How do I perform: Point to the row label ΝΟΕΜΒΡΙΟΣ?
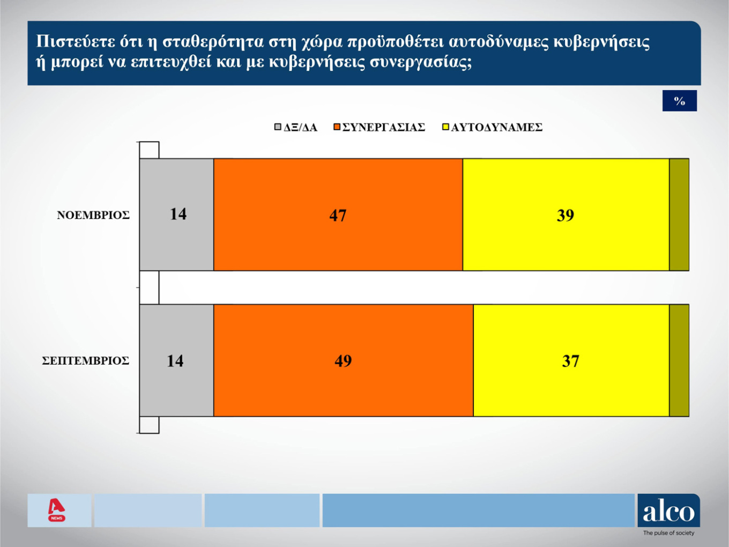coord(93,215)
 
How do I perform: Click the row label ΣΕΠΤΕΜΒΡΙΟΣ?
coord(86,361)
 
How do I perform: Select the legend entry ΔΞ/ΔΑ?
coord(296,127)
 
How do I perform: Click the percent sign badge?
coord(679,101)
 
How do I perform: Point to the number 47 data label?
coord(338,215)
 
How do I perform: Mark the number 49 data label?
coord(343,361)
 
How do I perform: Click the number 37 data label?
coord(570,361)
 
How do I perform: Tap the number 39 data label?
coord(565,215)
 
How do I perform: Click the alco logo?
coord(668,511)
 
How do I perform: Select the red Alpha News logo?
coord(56,510)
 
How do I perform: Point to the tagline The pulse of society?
coord(668,533)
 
